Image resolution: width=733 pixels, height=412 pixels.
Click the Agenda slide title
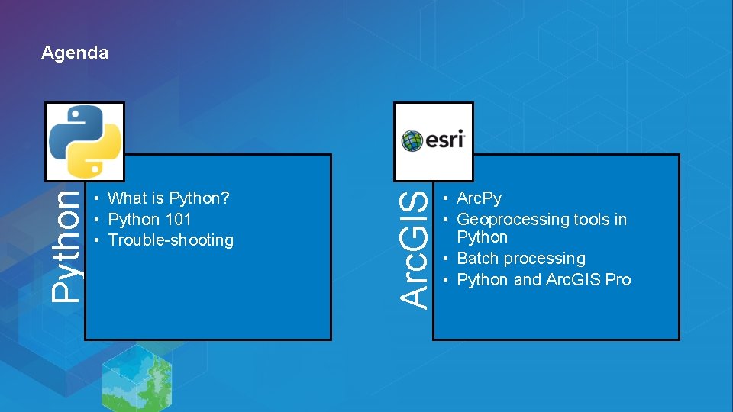(75, 53)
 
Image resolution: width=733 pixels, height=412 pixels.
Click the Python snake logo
(85, 141)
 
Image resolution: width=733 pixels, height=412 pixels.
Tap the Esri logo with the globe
(433, 141)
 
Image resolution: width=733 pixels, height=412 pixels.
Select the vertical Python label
(66, 244)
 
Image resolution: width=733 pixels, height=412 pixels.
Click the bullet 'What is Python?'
(169, 198)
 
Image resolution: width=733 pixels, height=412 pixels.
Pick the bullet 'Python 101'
(150, 220)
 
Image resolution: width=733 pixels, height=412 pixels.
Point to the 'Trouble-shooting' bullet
(170, 240)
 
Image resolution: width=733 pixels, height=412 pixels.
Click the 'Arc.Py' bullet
(479, 198)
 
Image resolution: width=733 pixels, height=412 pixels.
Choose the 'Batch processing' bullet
(521, 259)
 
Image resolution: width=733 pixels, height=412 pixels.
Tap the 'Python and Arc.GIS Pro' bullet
(544, 280)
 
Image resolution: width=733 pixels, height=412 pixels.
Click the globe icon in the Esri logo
(412, 141)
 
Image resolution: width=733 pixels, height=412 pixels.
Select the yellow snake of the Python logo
(96, 155)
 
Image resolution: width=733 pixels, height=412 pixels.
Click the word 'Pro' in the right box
(618, 280)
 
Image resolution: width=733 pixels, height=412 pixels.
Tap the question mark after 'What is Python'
(226, 198)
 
